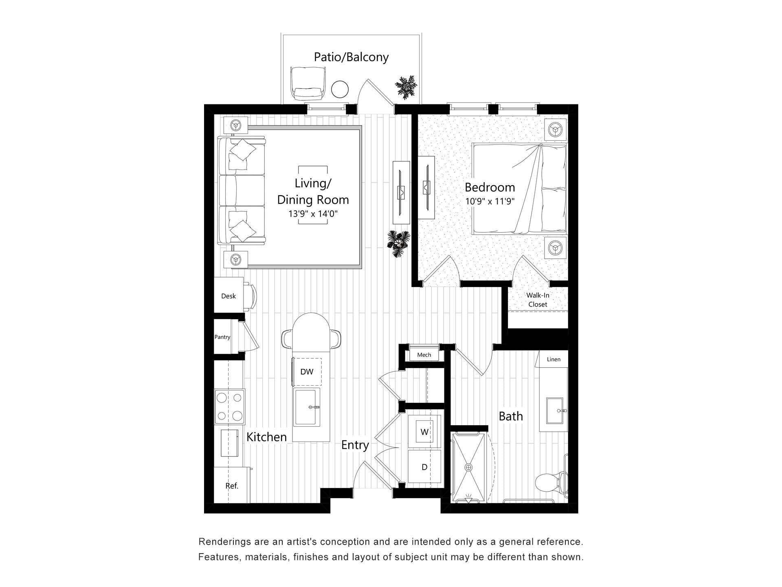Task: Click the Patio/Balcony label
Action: coord(351,57)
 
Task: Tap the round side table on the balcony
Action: coord(340,89)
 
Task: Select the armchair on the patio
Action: coord(308,84)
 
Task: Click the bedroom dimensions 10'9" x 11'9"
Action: coord(490,201)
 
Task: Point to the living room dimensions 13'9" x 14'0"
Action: coord(313,214)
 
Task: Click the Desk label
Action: coord(228,296)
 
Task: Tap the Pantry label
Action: coord(222,337)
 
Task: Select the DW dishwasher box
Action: coord(307,372)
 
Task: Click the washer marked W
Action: coord(424,432)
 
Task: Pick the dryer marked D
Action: coord(424,467)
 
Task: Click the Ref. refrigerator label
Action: coord(232,486)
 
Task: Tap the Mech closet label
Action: coord(424,355)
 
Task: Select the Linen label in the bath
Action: coord(554,360)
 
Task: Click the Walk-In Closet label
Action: coord(538,300)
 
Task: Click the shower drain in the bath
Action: coord(469,467)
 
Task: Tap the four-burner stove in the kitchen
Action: coord(230,406)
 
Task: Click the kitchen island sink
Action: coord(307,407)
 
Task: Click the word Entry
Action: coord(355,445)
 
